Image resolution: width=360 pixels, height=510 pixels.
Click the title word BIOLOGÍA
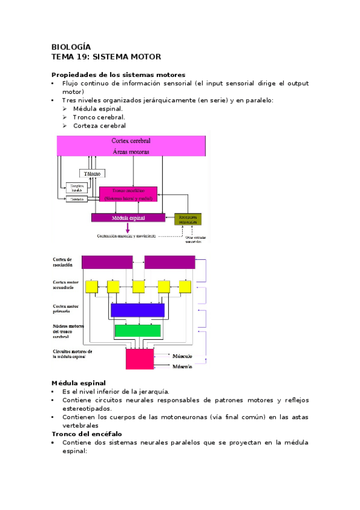coord(71,46)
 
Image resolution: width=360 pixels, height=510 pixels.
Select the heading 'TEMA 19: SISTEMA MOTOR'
coord(106,57)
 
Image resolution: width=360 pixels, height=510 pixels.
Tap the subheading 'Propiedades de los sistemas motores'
coord(118,74)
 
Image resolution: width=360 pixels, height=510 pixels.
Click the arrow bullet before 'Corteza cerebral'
coord(65,126)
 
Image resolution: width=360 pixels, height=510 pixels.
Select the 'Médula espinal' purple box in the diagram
coord(128,217)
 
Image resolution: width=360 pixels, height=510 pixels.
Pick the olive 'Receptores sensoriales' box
coord(188,219)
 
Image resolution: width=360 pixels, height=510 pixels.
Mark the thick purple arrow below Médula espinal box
coord(127,228)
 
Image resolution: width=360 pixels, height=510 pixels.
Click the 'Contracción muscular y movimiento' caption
coord(126,236)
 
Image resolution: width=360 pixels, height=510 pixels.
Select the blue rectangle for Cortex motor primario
coord(138,310)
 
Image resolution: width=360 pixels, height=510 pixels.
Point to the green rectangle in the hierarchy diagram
coord(138,331)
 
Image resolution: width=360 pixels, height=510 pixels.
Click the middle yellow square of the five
coord(139,287)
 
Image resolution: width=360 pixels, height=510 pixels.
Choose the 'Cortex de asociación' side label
coord(63,262)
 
